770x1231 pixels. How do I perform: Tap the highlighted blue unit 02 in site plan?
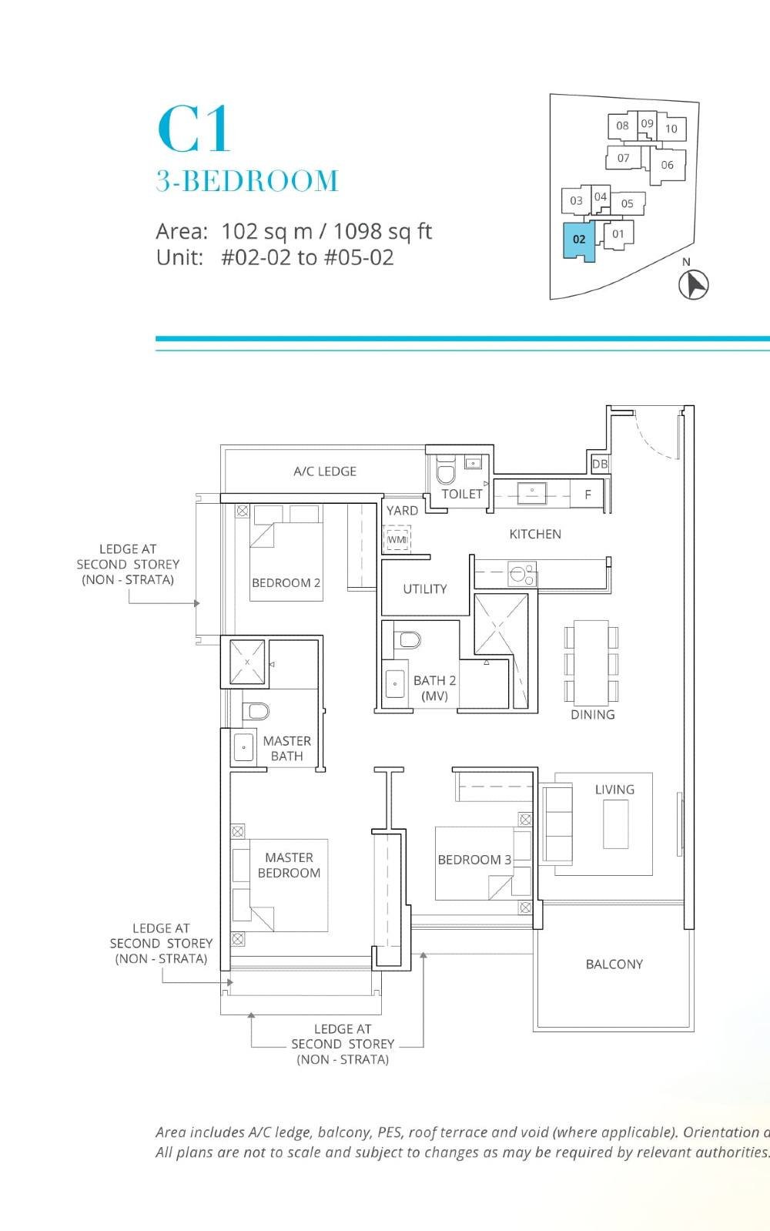click(579, 240)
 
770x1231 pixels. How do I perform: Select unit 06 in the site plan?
click(667, 165)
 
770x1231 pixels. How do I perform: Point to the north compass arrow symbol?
click(694, 284)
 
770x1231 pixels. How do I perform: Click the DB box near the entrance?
click(600, 464)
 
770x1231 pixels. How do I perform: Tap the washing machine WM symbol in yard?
click(397, 539)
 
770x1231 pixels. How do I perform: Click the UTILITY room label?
click(424, 589)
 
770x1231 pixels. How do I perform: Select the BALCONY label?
click(614, 964)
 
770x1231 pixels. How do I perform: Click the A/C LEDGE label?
click(325, 471)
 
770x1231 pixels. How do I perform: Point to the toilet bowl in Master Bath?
click(256, 710)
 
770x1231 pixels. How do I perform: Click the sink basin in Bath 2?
click(395, 683)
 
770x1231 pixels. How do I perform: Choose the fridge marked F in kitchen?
click(588, 495)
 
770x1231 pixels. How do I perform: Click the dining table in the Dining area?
click(591, 662)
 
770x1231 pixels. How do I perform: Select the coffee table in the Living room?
click(615, 823)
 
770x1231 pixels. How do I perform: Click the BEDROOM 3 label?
click(474, 860)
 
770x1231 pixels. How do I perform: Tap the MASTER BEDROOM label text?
click(289, 865)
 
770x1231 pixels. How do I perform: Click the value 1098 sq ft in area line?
click(382, 231)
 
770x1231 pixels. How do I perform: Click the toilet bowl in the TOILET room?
click(446, 471)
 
